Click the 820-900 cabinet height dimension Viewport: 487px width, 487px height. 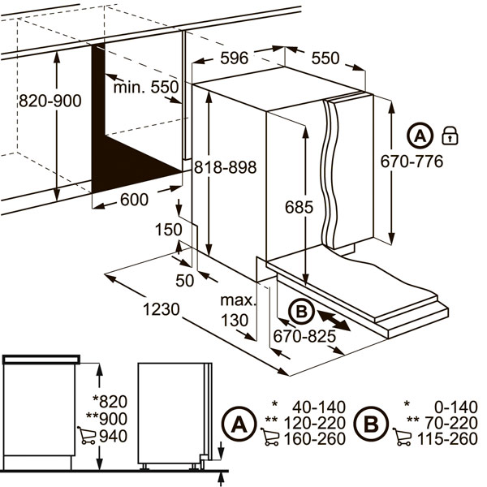click(50, 101)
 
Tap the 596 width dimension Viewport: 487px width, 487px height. click(235, 58)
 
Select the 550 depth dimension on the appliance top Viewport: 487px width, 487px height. click(325, 58)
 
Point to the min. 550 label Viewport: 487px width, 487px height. click(146, 88)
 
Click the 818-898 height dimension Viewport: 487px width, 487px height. click(225, 167)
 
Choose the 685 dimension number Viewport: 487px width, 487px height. click(299, 207)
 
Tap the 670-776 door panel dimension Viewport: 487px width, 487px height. click(412, 162)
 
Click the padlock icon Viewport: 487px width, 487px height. click(450, 136)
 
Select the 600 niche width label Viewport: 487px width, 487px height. click(134, 200)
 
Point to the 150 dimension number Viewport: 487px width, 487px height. click(168, 230)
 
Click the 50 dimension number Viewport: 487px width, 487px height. click(184, 281)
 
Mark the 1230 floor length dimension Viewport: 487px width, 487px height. click(162, 309)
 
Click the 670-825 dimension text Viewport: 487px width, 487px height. click(304, 336)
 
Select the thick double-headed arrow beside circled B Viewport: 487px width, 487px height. click(334, 321)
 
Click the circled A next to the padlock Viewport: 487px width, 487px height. click(420, 136)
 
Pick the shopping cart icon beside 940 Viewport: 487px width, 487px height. click(86, 435)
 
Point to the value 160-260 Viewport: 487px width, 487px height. click(315, 439)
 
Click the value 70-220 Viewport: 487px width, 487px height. click(451, 423)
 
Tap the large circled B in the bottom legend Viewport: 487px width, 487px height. click(372, 424)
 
